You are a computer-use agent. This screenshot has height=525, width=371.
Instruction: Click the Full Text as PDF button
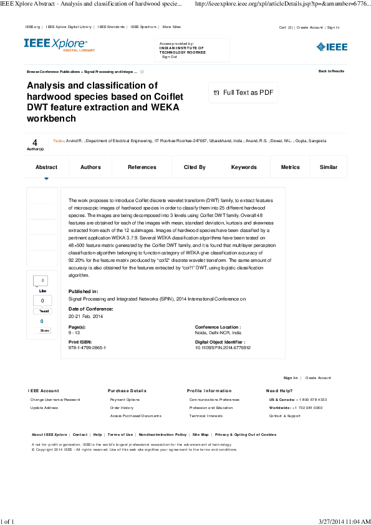(243, 93)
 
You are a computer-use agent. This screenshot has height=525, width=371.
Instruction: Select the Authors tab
(90, 167)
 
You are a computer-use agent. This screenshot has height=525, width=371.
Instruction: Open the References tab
(142, 167)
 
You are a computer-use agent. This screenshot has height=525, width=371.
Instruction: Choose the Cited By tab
(195, 167)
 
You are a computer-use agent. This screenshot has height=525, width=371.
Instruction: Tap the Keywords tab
(244, 167)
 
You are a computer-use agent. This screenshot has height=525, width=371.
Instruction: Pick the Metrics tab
(291, 167)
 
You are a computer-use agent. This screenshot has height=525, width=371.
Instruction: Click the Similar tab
(329, 167)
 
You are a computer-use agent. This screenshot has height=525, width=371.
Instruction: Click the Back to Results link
(331, 71)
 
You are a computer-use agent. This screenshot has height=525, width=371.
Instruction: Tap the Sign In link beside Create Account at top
(333, 27)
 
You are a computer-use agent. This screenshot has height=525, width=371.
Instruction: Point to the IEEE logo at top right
(332, 47)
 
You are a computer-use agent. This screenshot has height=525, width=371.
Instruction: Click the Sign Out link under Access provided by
(169, 57)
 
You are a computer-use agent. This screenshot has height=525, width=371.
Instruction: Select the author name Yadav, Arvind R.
(68, 141)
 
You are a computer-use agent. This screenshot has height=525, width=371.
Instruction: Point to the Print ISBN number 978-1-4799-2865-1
(87, 347)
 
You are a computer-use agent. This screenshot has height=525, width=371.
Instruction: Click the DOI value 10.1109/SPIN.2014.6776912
(223, 347)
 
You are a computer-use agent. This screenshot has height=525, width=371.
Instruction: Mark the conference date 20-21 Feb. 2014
(86, 317)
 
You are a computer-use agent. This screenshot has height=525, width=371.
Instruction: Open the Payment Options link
(125, 400)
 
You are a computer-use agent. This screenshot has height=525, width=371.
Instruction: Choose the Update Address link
(44, 408)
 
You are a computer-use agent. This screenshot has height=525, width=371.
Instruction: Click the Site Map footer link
(200, 435)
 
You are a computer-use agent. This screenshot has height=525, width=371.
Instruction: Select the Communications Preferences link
(214, 400)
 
